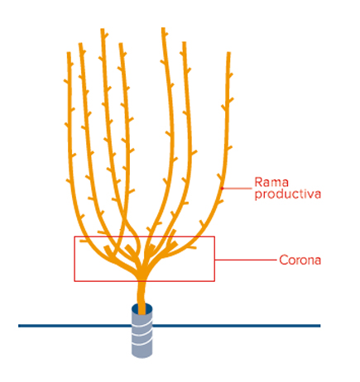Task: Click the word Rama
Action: coord(271,182)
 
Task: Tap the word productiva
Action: coord(288,194)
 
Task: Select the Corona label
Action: coord(300,260)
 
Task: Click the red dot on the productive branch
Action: coord(222,189)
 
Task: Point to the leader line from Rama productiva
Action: coord(237,189)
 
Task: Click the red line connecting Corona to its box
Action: coord(246,260)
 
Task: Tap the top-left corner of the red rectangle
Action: coord(74,236)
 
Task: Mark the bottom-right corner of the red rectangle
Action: coord(214,281)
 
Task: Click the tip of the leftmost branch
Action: coord(69,52)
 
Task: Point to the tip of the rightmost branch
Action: coord(228,52)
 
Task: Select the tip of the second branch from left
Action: coord(80,43)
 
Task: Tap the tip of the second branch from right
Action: coord(184,42)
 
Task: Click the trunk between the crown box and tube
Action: coord(142,293)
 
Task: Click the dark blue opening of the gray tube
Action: coord(142,308)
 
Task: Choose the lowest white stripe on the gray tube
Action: coord(142,343)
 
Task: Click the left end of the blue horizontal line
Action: coord(19,326)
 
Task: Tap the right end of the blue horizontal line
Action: coord(320,326)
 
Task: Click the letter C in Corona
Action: coord(283,260)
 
